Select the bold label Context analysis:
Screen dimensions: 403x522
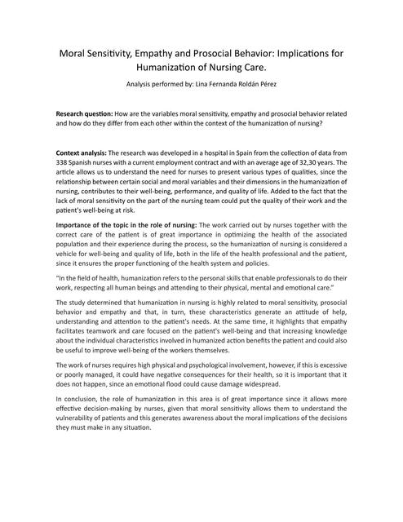point(81,153)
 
